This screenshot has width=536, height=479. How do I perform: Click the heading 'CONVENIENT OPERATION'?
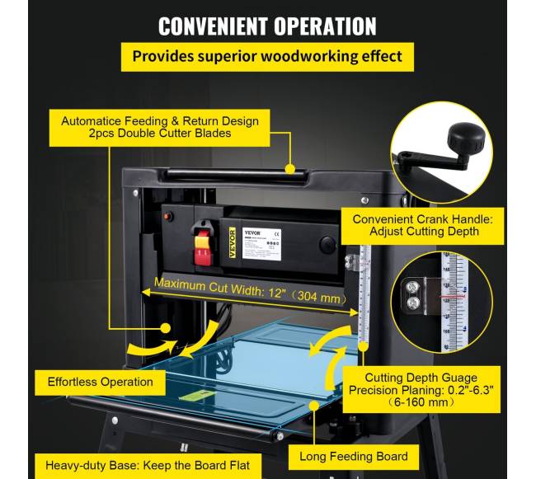pyautogui.click(x=269, y=25)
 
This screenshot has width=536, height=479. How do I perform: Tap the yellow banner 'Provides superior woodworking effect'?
pyautogui.click(x=269, y=57)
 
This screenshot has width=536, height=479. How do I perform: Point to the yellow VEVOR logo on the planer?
pyautogui.click(x=233, y=242)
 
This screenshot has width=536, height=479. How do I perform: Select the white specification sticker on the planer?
pyautogui.click(x=261, y=243)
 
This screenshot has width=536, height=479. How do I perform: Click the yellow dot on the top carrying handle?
pyautogui.click(x=289, y=168)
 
